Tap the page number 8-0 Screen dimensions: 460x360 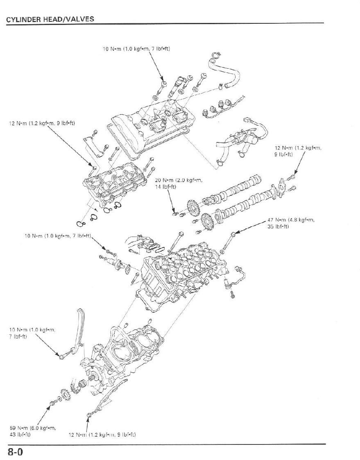(x=14, y=452)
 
